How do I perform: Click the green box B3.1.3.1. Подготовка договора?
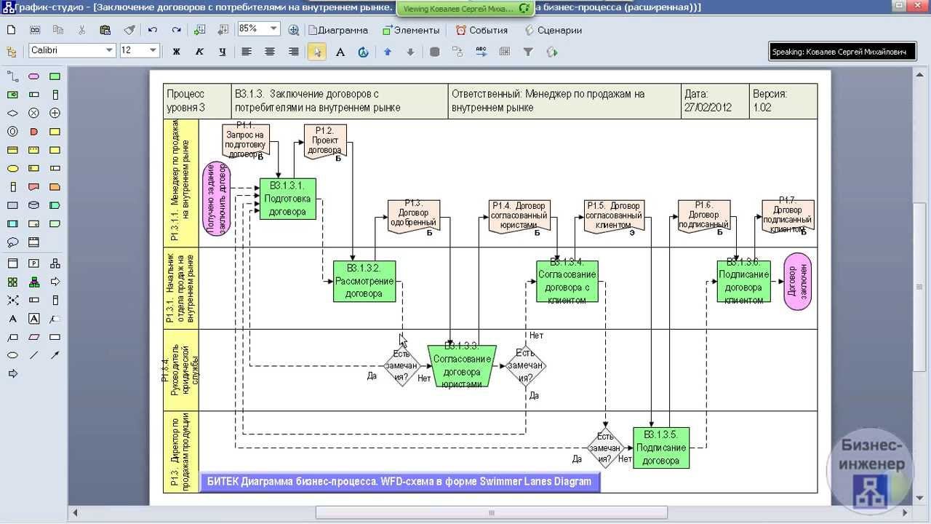coord(288,199)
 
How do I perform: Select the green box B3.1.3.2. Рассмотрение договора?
coord(364,281)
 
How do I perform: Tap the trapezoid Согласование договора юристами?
coord(462,366)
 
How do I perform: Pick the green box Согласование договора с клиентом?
coord(567,281)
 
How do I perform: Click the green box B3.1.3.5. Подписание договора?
coord(660,448)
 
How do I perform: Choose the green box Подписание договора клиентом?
coord(743,281)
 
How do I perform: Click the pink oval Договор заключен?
coord(798,282)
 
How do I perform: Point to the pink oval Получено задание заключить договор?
coord(217,198)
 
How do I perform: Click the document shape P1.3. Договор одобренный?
coord(414,216)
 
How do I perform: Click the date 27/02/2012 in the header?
coord(708,108)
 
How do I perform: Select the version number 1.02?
coord(762,108)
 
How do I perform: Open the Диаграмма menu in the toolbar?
coord(338,30)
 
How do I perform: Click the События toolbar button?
coord(482,30)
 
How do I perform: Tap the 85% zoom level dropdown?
coord(258,29)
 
